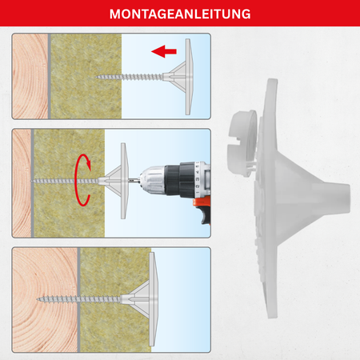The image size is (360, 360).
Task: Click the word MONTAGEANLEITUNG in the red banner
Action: coord(180,14)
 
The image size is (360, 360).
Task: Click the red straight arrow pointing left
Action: coord(164,51)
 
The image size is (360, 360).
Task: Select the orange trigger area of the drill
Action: coord(202,206)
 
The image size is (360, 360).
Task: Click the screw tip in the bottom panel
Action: coord(38,299)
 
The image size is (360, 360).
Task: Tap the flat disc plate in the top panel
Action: coord(188,77)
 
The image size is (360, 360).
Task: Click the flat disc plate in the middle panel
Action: coord(123,181)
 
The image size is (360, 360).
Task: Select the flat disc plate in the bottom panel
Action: coord(152,299)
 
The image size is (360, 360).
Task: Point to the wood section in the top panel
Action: coord(30,76)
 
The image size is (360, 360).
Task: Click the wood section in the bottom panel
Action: coord(45,300)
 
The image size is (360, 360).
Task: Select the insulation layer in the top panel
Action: coord(86,76)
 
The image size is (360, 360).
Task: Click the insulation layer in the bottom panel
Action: coord(116,300)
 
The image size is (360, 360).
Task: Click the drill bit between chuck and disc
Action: coord(134,181)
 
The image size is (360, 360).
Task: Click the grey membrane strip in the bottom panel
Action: coord(79,300)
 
